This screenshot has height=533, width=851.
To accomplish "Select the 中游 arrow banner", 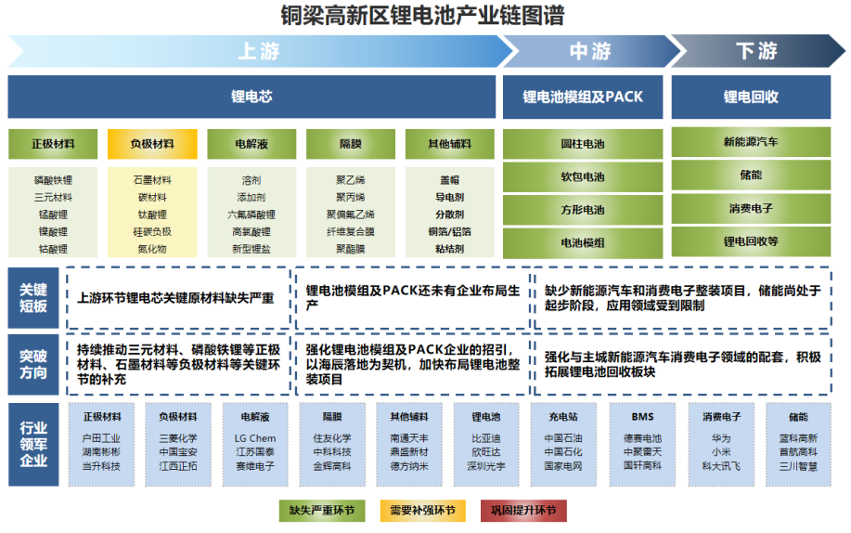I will [589, 51].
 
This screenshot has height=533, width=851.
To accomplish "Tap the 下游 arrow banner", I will [756, 51].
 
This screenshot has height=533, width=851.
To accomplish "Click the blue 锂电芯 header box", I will [251, 97].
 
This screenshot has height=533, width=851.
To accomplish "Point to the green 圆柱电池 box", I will [583, 144].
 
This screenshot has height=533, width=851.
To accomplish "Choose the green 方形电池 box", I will [583, 210].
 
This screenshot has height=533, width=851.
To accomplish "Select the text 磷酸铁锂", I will [53, 180].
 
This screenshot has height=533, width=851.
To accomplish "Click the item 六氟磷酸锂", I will [251, 214].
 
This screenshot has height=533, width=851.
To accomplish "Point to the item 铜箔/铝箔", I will [449, 231].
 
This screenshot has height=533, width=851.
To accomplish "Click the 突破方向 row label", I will [33, 364].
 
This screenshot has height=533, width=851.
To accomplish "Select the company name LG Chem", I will [255, 438].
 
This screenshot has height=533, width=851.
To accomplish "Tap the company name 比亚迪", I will [486, 438].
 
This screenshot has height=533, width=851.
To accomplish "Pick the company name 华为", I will [721, 438].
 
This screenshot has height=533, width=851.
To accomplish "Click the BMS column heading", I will [642, 417].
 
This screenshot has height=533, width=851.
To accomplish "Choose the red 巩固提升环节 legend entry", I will [523, 510].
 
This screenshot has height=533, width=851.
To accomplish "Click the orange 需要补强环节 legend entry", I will [422, 510].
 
